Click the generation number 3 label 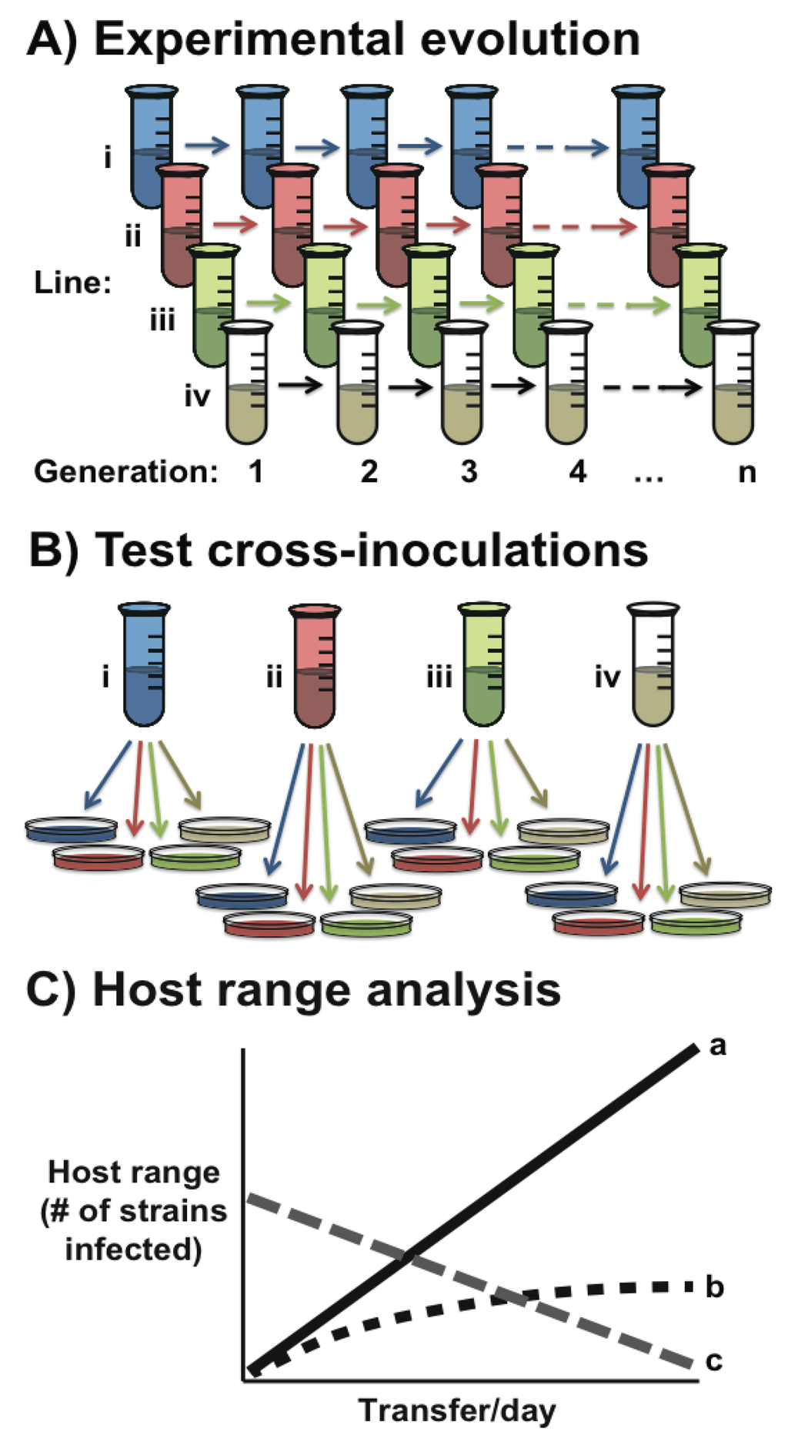pos(469,471)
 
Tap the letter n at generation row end pos(746,471)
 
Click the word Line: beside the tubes pos(73,283)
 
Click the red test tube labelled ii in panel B pos(315,665)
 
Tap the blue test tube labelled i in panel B pos(145,665)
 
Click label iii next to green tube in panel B pos(439,678)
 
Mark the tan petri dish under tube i pos(225,829)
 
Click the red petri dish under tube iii pos(437,858)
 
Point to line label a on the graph pos(717,1046)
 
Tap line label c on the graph pos(714,1360)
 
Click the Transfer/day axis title pos(457,1410)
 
